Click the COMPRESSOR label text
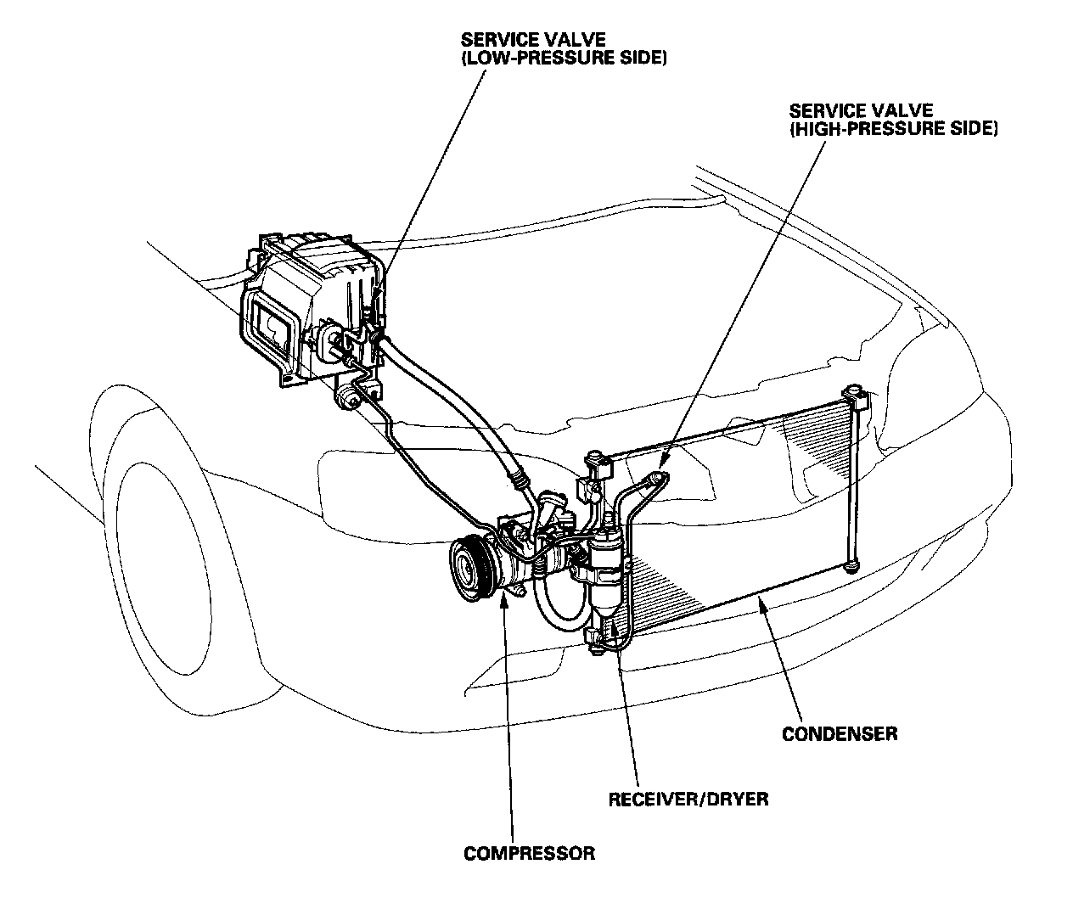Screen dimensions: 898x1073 coord(529,853)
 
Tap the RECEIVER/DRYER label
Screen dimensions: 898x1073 coord(688,799)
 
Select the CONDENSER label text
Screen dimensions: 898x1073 coord(839,732)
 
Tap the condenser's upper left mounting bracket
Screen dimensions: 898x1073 coord(598,464)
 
